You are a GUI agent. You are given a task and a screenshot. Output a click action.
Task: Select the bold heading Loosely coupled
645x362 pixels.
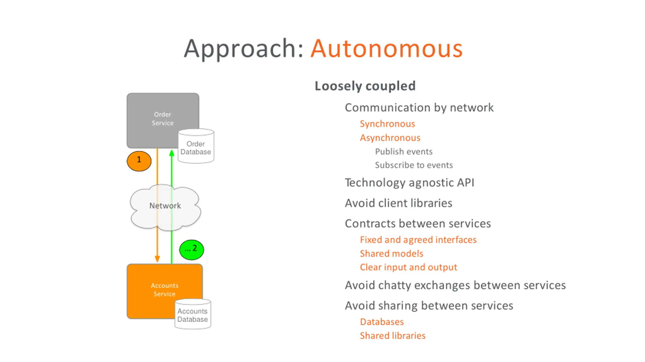(x=365, y=86)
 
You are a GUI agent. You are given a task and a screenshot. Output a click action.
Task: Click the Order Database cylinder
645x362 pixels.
(x=196, y=146)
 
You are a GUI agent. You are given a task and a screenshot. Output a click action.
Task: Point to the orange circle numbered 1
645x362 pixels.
(x=139, y=161)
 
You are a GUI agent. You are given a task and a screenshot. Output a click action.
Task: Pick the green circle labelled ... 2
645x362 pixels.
(x=192, y=250)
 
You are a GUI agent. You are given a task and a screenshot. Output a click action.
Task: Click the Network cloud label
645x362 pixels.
(x=165, y=206)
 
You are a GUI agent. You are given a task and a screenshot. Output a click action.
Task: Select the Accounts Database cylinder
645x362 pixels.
(x=193, y=314)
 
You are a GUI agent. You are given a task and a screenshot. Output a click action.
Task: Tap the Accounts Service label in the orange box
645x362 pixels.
(x=165, y=290)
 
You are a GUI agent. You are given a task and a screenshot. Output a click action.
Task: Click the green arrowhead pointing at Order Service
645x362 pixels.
(x=172, y=153)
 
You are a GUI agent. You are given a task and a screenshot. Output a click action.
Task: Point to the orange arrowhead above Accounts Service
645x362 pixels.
(x=157, y=259)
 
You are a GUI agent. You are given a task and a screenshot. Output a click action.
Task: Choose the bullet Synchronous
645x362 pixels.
(x=387, y=124)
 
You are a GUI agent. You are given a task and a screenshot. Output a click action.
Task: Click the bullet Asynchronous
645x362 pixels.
(x=390, y=138)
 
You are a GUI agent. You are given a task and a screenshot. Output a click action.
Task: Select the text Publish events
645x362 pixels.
(x=404, y=151)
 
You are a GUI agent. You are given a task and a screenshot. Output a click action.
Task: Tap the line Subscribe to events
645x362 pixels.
(x=414, y=165)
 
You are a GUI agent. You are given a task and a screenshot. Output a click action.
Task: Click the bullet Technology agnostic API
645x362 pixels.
(x=409, y=183)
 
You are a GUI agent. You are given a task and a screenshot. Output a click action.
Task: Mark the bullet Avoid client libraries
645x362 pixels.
(x=399, y=203)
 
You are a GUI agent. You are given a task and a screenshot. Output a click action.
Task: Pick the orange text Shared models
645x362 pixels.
(x=392, y=254)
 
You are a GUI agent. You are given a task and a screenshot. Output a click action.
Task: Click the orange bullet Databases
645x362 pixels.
(x=382, y=322)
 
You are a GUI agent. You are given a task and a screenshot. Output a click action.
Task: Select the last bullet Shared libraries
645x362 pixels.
(x=393, y=336)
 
